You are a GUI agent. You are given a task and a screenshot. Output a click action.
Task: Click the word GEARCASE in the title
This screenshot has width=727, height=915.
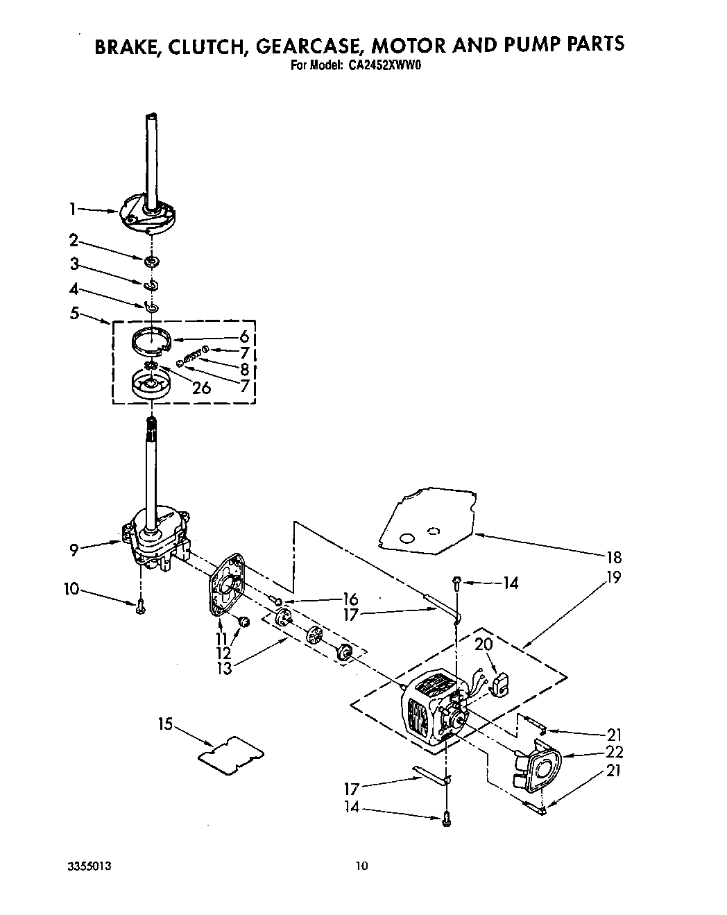point(310,45)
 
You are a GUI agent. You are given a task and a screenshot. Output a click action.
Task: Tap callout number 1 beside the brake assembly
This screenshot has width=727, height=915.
point(73,207)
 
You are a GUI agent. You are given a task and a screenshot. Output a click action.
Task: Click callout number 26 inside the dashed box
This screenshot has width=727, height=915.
point(201,388)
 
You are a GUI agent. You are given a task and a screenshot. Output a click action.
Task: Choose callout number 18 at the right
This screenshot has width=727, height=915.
point(613,557)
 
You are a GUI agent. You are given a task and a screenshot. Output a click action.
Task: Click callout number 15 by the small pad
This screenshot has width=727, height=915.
point(164,724)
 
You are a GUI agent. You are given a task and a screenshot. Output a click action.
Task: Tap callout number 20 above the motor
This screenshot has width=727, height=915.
point(484,644)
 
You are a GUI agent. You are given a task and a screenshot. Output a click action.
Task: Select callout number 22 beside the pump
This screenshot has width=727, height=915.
point(614,752)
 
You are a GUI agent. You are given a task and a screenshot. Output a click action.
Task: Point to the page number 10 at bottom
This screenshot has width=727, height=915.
point(361,865)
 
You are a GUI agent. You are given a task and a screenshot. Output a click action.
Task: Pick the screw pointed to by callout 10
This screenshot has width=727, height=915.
point(141,607)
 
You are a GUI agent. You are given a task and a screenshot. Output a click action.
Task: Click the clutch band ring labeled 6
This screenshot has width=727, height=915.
point(152,343)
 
